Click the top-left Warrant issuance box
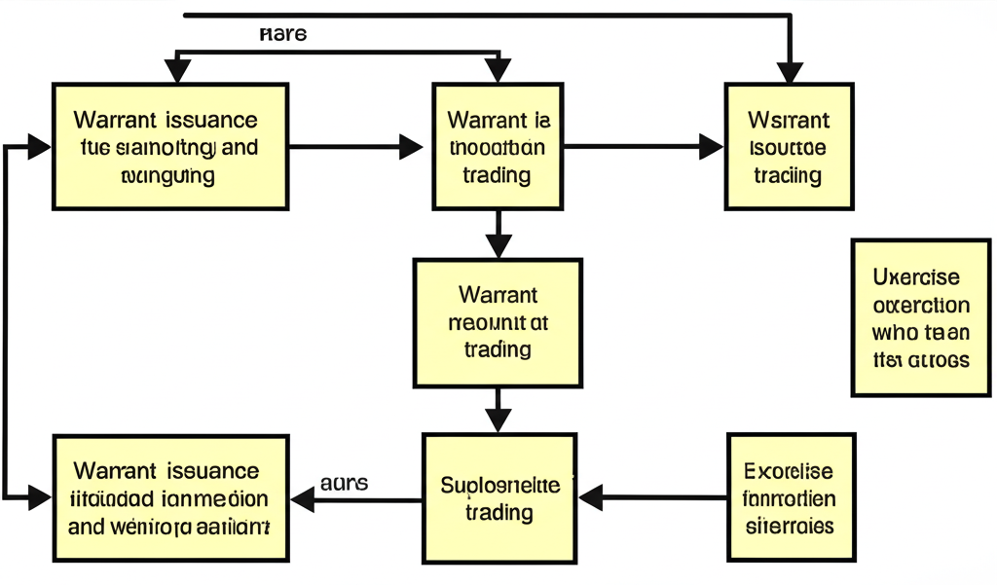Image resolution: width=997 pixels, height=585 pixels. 170,146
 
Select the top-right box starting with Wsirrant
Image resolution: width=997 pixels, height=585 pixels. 788,146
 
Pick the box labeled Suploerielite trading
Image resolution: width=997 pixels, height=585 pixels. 498,497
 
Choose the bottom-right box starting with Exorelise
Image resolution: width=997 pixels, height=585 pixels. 790,497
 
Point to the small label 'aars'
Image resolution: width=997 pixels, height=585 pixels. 344,482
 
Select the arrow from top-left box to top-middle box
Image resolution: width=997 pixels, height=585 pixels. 355,147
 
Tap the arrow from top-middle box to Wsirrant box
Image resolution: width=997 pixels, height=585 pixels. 643,147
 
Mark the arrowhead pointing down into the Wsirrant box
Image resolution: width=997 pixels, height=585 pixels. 789,72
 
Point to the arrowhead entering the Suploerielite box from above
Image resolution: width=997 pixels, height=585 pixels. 498,420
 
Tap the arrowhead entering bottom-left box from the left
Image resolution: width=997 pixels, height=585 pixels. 39,498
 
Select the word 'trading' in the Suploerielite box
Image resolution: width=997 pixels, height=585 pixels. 498,512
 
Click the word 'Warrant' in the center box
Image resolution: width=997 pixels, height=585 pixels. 497,294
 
